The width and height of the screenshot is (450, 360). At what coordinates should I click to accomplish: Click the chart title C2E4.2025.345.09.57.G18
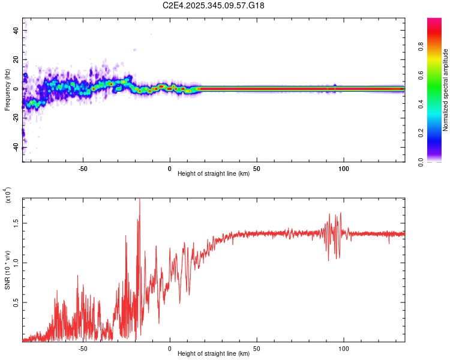(214, 5)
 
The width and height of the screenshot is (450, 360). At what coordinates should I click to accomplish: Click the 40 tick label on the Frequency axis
(16, 31)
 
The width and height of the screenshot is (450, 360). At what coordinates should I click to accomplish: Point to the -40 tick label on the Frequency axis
(16, 146)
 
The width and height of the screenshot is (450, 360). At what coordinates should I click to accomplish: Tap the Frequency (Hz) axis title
(7, 89)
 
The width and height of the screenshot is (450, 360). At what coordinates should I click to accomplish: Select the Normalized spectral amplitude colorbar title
(446, 90)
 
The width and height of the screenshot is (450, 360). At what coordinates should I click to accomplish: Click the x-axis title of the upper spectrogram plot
(214, 174)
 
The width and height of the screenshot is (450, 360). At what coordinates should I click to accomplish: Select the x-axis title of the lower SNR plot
(214, 354)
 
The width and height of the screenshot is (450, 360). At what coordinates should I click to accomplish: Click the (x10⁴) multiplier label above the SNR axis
(8, 196)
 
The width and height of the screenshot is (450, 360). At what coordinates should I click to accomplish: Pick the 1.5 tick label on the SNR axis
(16, 223)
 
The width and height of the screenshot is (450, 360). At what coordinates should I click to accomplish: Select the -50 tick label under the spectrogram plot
(83, 168)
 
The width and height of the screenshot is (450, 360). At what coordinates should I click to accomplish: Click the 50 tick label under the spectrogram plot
(257, 168)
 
